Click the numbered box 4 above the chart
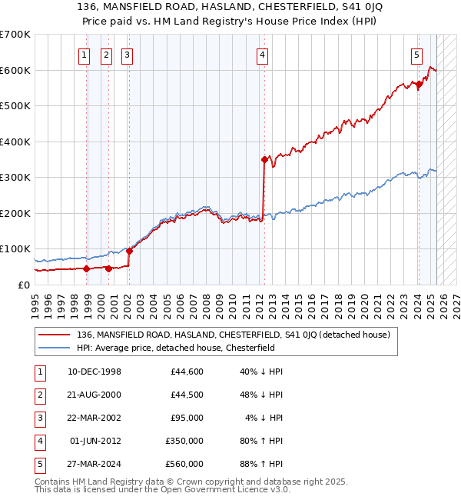tap(263, 55)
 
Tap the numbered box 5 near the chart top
tap(416, 55)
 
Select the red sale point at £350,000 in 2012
tap(264, 160)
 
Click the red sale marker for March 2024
tap(419, 85)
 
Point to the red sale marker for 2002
tap(129, 251)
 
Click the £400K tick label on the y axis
tap(15, 142)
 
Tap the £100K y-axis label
tap(15, 249)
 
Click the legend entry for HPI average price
tap(175, 348)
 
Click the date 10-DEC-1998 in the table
tap(95, 372)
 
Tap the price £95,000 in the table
tap(187, 418)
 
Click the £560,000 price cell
tap(184, 465)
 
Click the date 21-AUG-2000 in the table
tap(95, 395)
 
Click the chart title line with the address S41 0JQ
tap(230, 8)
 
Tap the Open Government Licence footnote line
tap(162, 490)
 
